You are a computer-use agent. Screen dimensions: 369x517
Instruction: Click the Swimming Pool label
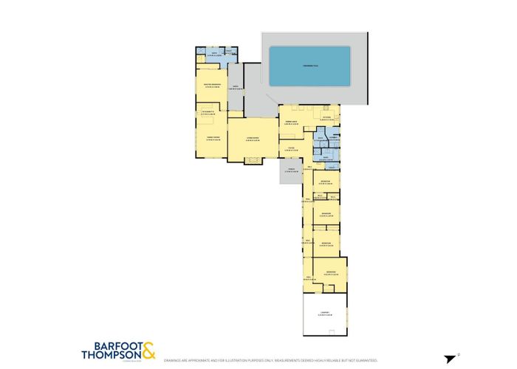point(309,66)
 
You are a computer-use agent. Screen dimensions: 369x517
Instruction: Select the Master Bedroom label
point(211,87)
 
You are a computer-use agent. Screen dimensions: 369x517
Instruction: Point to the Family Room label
point(212,138)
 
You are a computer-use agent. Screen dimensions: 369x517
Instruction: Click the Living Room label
point(245,138)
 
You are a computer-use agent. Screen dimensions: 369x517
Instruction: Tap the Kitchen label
point(326,117)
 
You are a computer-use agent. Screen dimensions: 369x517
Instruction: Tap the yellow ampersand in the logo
point(148,349)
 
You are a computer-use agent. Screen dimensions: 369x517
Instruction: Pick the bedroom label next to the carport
point(329,272)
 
